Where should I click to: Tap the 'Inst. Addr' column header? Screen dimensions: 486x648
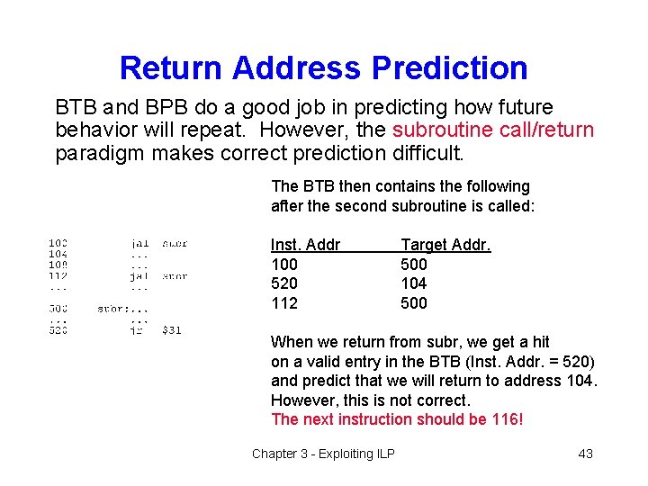pos(305,245)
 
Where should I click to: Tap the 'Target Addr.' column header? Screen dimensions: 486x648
pos(445,245)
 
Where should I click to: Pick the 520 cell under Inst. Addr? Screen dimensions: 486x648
pos(284,283)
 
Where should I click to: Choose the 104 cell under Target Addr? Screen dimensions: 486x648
pos(414,283)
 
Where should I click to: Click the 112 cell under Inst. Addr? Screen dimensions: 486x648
pos(284,303)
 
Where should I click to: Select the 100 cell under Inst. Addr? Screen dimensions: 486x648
pos(284,265)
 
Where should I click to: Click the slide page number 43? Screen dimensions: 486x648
pos(585,454)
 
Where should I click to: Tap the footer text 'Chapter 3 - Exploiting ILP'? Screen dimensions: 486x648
pos(323,454)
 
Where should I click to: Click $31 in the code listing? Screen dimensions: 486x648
pos(171,330)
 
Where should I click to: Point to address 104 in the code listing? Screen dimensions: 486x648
pos(58,254)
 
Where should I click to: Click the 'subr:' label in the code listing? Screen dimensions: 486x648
pos(111,309)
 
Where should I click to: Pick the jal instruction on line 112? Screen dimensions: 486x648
pos(139,276)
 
